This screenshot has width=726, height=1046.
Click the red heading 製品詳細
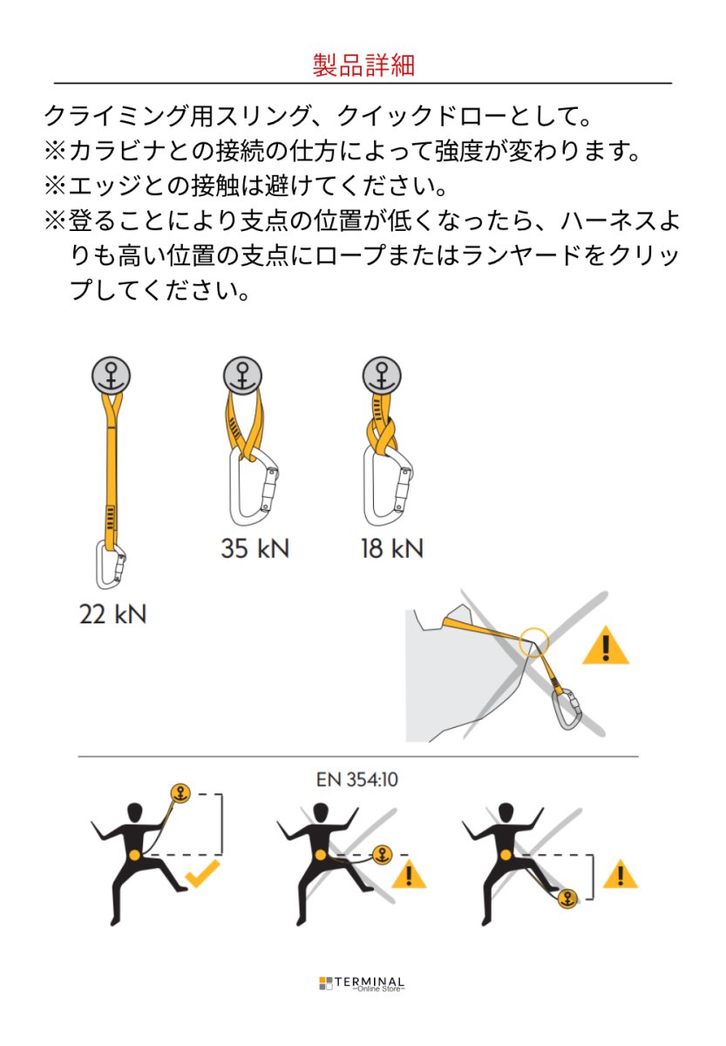click(363, 65)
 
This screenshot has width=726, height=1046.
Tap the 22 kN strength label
click(112, 615)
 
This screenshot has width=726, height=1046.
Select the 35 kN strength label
click(254, 549)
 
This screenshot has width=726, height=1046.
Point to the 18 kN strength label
click(391, 549)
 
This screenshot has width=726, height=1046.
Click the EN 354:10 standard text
click(357, 778)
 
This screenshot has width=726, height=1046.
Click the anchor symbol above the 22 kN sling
click(112, 376)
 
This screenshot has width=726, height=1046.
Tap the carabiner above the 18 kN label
click(389, 488)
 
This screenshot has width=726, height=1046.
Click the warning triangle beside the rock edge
click(605, 646)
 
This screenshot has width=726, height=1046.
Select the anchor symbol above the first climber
click(180, 794)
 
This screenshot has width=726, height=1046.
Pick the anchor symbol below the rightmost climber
click(567, 899)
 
